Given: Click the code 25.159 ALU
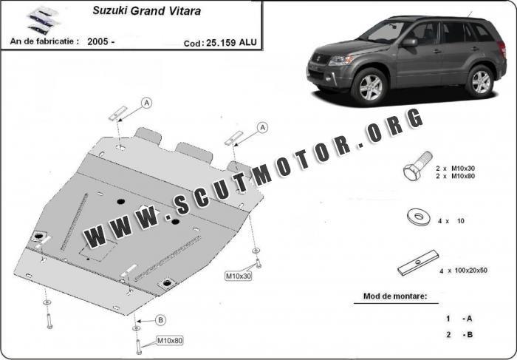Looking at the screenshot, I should (x=221, y=43).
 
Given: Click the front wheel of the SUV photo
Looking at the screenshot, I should (x=368, y=87).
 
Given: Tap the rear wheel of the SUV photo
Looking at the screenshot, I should (x=481, y=81).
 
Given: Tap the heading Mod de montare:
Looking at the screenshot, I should (x=394, y=296).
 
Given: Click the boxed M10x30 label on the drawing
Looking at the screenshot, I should (x=239, y=276).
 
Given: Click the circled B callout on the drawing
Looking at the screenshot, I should (x=160, y=319).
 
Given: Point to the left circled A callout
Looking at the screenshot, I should (x=146, y=102).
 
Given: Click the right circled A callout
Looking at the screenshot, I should (x=261, y=128).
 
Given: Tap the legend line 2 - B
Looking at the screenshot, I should (x=459, y=335).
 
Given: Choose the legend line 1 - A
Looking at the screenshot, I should (x=459, y=319).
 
